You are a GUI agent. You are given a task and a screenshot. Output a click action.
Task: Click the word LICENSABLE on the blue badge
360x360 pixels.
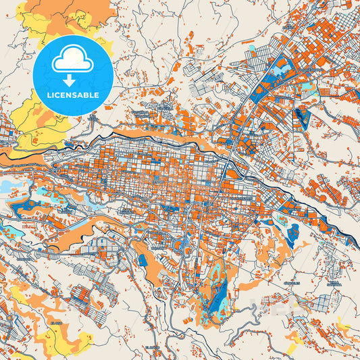pos(72,95)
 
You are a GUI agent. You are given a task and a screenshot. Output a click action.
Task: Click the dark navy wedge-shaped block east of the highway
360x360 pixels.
pos(302,119)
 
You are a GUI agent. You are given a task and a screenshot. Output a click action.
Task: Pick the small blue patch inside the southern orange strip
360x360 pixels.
pos(143,260)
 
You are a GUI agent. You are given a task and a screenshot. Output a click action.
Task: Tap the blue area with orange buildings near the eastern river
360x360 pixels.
pos(292,233)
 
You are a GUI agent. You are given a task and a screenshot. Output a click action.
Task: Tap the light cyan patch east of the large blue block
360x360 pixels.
pos(310,88)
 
